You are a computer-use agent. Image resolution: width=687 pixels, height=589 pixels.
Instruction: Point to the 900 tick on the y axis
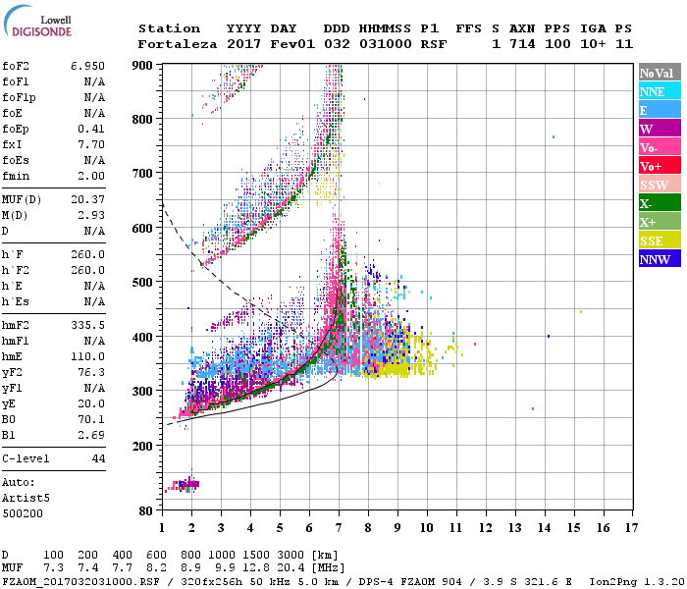pos(143,65)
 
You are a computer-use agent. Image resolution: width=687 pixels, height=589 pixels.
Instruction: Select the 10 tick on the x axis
pos(426,527)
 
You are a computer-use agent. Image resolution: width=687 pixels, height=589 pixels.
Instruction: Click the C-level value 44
pos(98,458)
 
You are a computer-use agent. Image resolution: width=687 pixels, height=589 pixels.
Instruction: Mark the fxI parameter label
pos(13,144)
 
